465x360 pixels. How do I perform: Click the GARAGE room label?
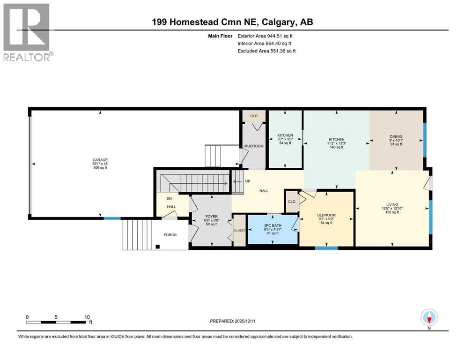(x=100, y=160)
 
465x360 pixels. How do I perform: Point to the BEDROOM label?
(x=326, y=215)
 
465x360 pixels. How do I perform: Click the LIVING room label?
(x=391, y=204)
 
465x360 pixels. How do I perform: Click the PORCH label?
(x=170, y=235)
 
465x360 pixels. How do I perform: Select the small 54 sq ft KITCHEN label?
(x=285, y=135)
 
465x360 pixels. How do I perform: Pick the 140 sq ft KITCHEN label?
(x=336, y=140)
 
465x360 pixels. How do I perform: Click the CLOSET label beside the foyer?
(x=239, y=231)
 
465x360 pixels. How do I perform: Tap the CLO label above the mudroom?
(x=254, y=116)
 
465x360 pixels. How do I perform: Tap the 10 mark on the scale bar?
(x=87, y=317)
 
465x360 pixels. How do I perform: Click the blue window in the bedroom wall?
(x=326, y=248)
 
